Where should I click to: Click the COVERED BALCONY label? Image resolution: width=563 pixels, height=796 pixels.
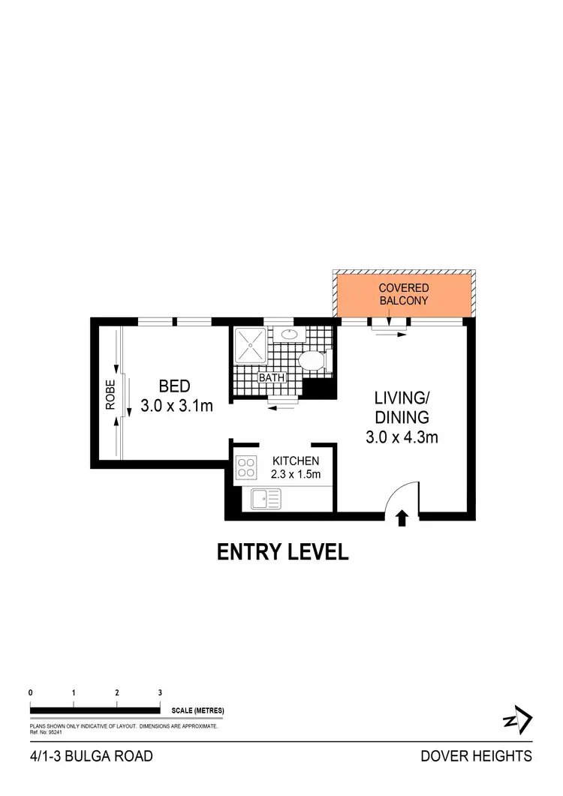pyautogui.click(x=403, y=294)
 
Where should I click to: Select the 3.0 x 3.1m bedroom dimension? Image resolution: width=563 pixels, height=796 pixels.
pyautogui.click(x=177, y=407)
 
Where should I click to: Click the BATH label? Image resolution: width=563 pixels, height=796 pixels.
pyautogui.click(x=270, y=378)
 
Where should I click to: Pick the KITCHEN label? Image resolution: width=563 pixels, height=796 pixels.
pyautogui.click(x=296, y=461)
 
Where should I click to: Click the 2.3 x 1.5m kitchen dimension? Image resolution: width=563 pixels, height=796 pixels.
pyautogui.click(x=296, y=474)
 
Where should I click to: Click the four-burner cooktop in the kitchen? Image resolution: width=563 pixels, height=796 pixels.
pyautogui.click(x=247, y=469)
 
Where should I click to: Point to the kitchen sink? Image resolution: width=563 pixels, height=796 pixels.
pyautogui.click(x=266, y=497)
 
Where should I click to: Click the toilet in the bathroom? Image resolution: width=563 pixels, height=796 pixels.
pyautogui.click(x=313, y=362)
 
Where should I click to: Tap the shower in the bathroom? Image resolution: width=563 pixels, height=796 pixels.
pyautogui.click(x=248, y=344)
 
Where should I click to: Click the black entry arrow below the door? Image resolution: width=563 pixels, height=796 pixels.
pyautogui.click(x=402, y=517)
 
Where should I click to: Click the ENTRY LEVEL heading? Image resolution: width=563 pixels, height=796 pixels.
pyautogui.click(x=282, y=553)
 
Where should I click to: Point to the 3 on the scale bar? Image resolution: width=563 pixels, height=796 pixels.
pyautogui.click(x=160, y=692)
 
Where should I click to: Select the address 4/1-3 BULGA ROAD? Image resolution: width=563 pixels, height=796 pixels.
pyautogui.click(x=91, y=756)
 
